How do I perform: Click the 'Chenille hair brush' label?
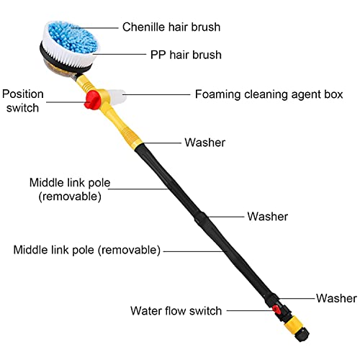(x=171, y=27)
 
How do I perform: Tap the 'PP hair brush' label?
(x=186, y=55)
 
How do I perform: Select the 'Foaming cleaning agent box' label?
(x=269, y=94)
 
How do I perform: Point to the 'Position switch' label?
(x=23, y=101)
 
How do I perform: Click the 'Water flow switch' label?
(x=176, y=311)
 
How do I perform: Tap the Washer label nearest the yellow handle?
(x=205, y=143)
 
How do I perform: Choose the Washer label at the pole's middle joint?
(x=268, y=217)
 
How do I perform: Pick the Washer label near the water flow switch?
(x=336, y=298)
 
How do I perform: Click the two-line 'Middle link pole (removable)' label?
(x=70, y=189)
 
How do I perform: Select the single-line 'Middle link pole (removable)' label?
(x=87, y=250)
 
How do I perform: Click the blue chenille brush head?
(x=73, y=37)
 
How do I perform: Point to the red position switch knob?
(x=91, y=100)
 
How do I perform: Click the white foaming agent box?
(x=117, y=97)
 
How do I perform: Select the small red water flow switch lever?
(x=276, y=309)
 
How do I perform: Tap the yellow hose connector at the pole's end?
(x=292, y=323)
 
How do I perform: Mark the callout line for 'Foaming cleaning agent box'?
(x=156, y=94)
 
